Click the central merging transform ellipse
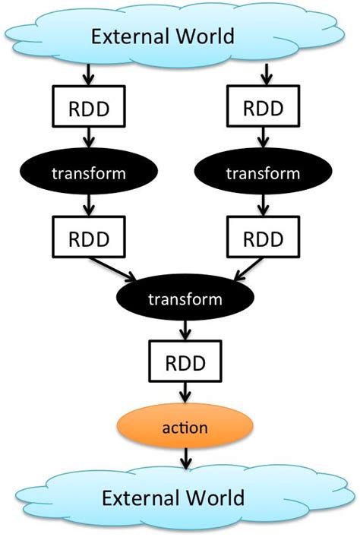click(186, 299)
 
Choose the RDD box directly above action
click(186, 362)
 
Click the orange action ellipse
click(186, 427)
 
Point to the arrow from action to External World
click(186, 460)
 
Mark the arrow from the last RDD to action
click(186, 393)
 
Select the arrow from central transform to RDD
click(186, 330)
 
